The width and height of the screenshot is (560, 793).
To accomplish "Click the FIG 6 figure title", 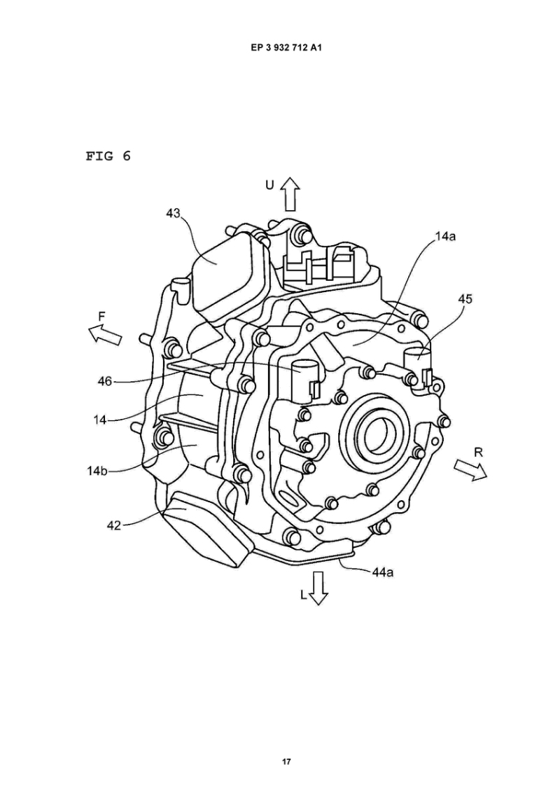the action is (x=108, y=156).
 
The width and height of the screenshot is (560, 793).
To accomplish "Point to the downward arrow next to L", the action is (x=318, y=587).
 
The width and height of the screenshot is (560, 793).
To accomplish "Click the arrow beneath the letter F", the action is (x=105, y=334).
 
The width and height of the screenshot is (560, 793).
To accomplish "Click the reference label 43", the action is (x=174, y=214).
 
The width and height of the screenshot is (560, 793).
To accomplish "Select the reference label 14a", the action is (x=444, y=236).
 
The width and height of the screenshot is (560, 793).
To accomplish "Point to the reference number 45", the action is (x=465, y=299).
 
